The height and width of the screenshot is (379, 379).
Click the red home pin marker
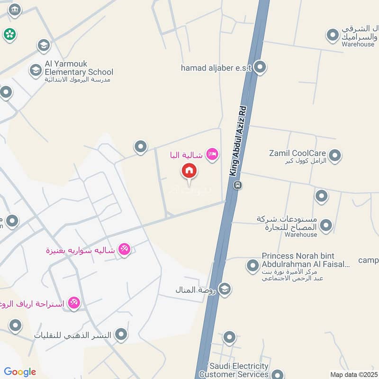189,171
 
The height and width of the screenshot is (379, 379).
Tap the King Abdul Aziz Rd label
239,141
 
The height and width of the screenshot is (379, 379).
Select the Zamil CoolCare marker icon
335,155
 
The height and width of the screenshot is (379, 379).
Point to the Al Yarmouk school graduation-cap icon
36,71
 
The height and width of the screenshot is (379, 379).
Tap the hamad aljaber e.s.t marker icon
260,67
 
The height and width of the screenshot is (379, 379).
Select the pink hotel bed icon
212,154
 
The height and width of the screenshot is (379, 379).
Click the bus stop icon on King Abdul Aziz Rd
238,185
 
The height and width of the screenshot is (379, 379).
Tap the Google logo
20,372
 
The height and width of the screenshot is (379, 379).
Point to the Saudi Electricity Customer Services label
240,370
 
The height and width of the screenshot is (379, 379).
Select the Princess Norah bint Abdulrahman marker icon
253,265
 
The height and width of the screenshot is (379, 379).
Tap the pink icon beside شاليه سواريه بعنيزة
124,248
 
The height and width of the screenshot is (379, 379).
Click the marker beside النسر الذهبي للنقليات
122,334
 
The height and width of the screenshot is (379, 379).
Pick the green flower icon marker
9,34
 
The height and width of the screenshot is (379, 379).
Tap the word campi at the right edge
368,260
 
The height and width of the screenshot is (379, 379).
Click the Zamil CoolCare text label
297,153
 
